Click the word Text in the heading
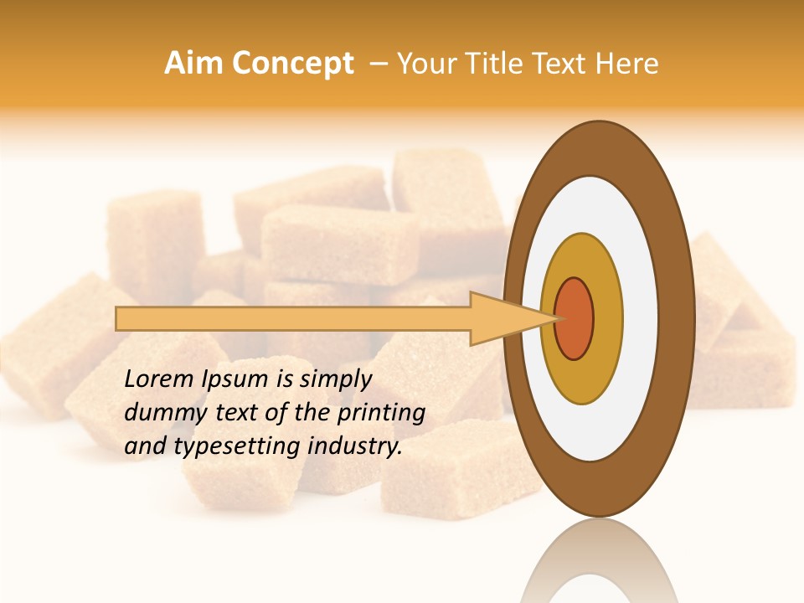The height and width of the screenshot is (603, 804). [559, 64]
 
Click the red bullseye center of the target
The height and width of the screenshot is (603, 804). [575, 318]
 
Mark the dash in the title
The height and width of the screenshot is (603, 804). [377, 64]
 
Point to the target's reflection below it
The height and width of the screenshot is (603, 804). [599, 565]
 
